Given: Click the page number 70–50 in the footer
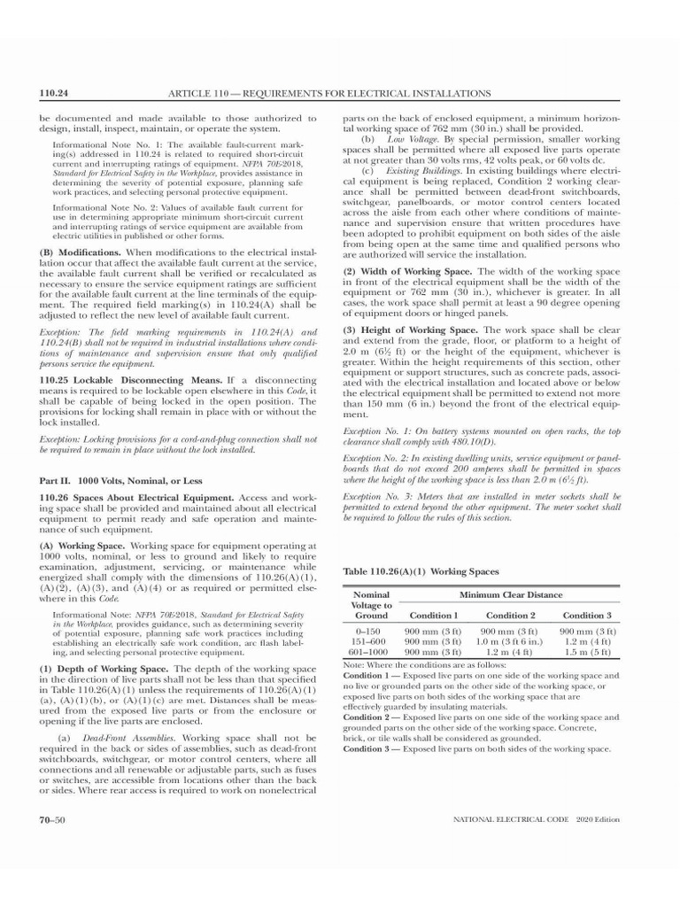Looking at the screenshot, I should pyautogui.click(x=51, y=820).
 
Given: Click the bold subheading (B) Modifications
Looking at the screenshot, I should pyautogui.click(x=80, y=252).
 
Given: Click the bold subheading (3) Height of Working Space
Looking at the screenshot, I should pyautogui.click(x=410, y=329).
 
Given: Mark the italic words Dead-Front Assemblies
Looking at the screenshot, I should pyautogui.click(x=130, y=737).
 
